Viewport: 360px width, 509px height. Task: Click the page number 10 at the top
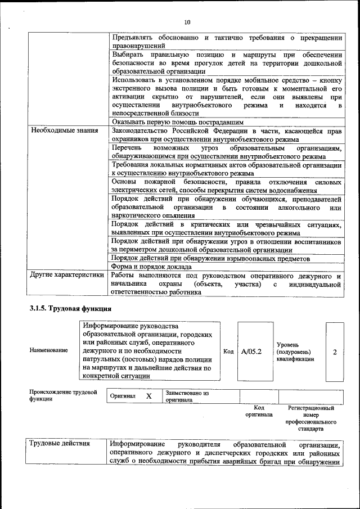(187, 22)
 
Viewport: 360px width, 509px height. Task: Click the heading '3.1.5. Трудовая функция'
(70, 309)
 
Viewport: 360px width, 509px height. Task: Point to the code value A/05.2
(251, 352)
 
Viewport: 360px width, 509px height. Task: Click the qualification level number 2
(335, 352)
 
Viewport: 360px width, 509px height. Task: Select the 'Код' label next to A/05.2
(228, 352)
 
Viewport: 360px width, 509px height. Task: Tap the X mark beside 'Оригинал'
(149, 396)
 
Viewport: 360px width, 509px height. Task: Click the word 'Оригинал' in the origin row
(123, 396)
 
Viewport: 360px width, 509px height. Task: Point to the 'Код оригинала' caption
(259, 411)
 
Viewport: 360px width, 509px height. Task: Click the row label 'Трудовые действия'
(60, 443)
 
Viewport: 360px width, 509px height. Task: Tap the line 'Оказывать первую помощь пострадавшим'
(177, 121)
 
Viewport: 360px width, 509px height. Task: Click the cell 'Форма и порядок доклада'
(152, 267)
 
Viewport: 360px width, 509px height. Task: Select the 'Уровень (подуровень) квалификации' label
(295, 352)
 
